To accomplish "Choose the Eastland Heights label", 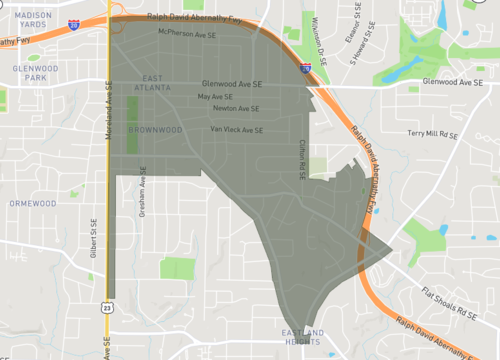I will pyautogui.click(x=302, y=337).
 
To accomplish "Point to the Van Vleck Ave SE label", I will pyautogui.click(x=237, y=130).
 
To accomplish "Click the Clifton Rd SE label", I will pyautogui.click(x=300, y=160).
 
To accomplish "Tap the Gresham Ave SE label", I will pyautogui.click(x=143, y=196).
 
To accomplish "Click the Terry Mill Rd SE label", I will pyautogui.click(x=431, y=133).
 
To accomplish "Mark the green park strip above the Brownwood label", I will pyautogui.click(x=135, y=110).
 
